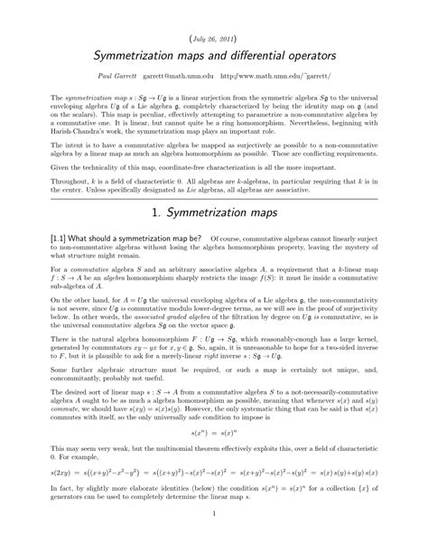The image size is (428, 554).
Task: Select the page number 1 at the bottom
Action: pos(214,540)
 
